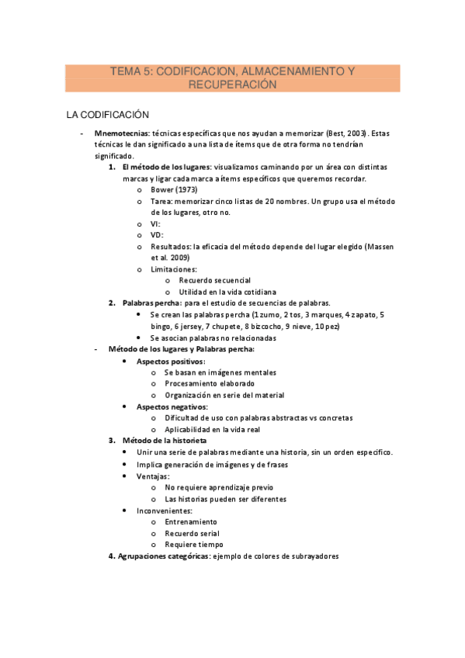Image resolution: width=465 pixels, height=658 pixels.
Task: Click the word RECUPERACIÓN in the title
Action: point(232,85)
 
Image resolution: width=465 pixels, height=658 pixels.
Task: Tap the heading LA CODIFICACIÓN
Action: point(107,115)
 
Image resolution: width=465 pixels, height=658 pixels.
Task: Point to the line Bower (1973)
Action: point(173,189)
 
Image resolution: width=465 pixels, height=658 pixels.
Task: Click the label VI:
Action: point(156,223)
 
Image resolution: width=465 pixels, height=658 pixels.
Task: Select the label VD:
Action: point(157,235)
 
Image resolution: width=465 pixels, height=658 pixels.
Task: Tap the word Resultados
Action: point(170,246)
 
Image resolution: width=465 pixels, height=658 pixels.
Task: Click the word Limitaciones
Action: point(173,269)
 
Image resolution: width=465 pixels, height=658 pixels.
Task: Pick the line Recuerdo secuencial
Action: point(213,280)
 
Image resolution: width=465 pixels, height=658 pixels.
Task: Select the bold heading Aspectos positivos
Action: point(171,362)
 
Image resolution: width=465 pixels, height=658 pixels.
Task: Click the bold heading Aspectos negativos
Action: point(172,407)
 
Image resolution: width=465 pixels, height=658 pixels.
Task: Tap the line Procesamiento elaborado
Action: point(209,384)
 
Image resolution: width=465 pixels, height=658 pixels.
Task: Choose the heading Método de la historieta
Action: point(164,441)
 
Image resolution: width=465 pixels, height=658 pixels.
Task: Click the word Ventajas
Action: point(153,476)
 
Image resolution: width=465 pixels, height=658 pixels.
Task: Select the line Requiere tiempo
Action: point(193,545)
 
